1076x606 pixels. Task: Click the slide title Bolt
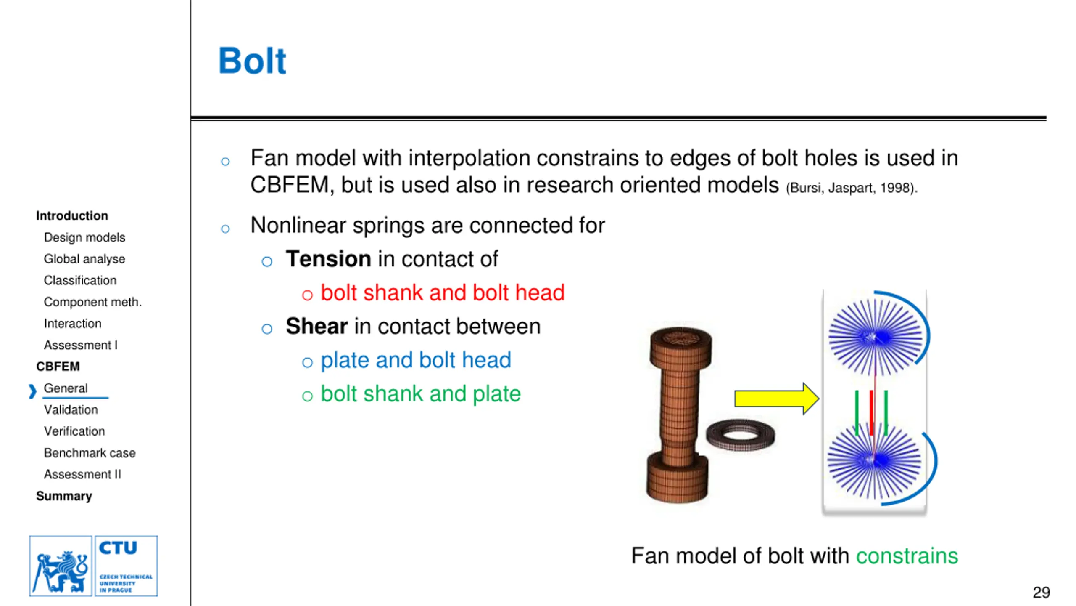252,61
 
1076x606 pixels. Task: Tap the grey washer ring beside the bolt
740,435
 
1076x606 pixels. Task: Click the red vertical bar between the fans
871,412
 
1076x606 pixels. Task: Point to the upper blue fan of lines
876,337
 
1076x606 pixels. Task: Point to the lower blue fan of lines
874,461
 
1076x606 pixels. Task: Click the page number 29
1041,593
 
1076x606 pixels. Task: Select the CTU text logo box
126,566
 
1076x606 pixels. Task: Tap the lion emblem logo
61,566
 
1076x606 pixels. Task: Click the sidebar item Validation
71,409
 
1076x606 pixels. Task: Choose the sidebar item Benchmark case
90,453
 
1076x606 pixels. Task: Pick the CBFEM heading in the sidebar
58,367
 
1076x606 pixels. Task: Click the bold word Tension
328,258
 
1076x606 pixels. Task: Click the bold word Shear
316,326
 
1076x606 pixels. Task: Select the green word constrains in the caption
907,555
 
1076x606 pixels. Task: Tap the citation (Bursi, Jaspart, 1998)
851,188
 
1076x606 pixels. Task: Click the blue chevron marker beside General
32,391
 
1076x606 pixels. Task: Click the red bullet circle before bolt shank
307,295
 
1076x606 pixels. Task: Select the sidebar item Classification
80,280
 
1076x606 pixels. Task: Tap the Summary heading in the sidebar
64,496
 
